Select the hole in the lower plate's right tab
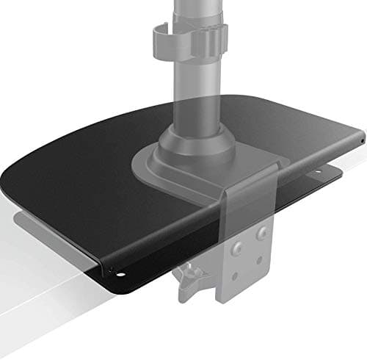(321, 173)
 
